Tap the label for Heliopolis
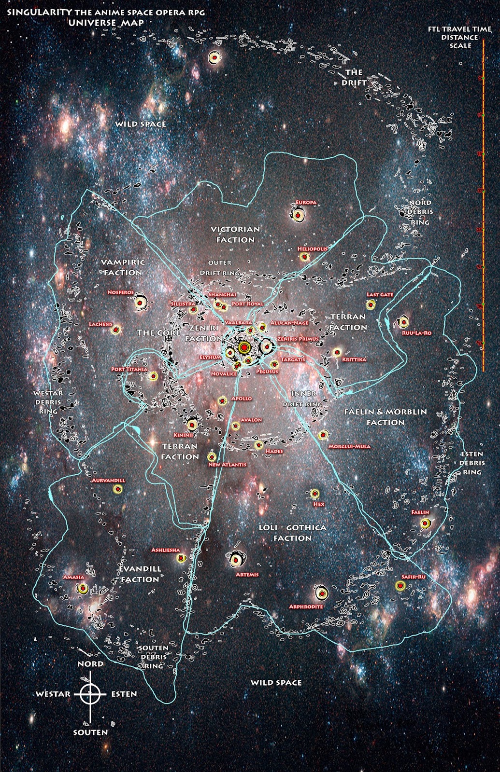(312, 249)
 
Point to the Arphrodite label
(306, 607)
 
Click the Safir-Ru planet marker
(400, 586)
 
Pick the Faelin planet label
(420, 512)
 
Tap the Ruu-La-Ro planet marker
(404, 321)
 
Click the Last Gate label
(380, 294)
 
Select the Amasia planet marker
(83, 589)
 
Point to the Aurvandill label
(109, 481)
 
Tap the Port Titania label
(129, 369)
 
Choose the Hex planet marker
(314, 494)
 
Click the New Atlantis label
(227, 465)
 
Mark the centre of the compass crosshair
(90, 694)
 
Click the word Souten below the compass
(90, 732)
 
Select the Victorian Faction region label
(235, 234)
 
